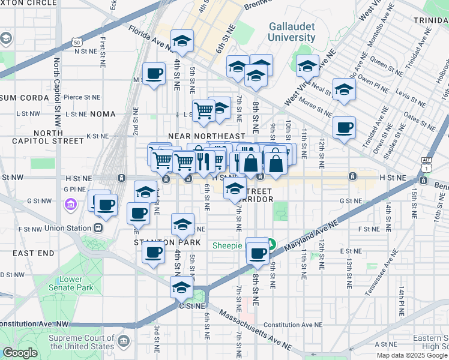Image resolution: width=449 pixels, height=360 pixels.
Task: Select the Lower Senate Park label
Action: [75, 284]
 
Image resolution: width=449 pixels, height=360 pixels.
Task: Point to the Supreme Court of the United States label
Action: [82, 342]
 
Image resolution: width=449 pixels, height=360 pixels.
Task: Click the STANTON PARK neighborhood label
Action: [157, 242]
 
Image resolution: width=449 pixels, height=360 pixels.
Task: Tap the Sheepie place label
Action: [228, 246]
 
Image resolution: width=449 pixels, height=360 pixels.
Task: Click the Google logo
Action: [20, 353]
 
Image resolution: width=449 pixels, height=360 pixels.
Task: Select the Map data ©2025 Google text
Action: [412, 355]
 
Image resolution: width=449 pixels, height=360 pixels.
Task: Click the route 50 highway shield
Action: [77, 42]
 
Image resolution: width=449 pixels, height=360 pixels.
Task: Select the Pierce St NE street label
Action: [82, 97]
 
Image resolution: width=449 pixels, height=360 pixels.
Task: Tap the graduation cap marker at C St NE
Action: [181, 287]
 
